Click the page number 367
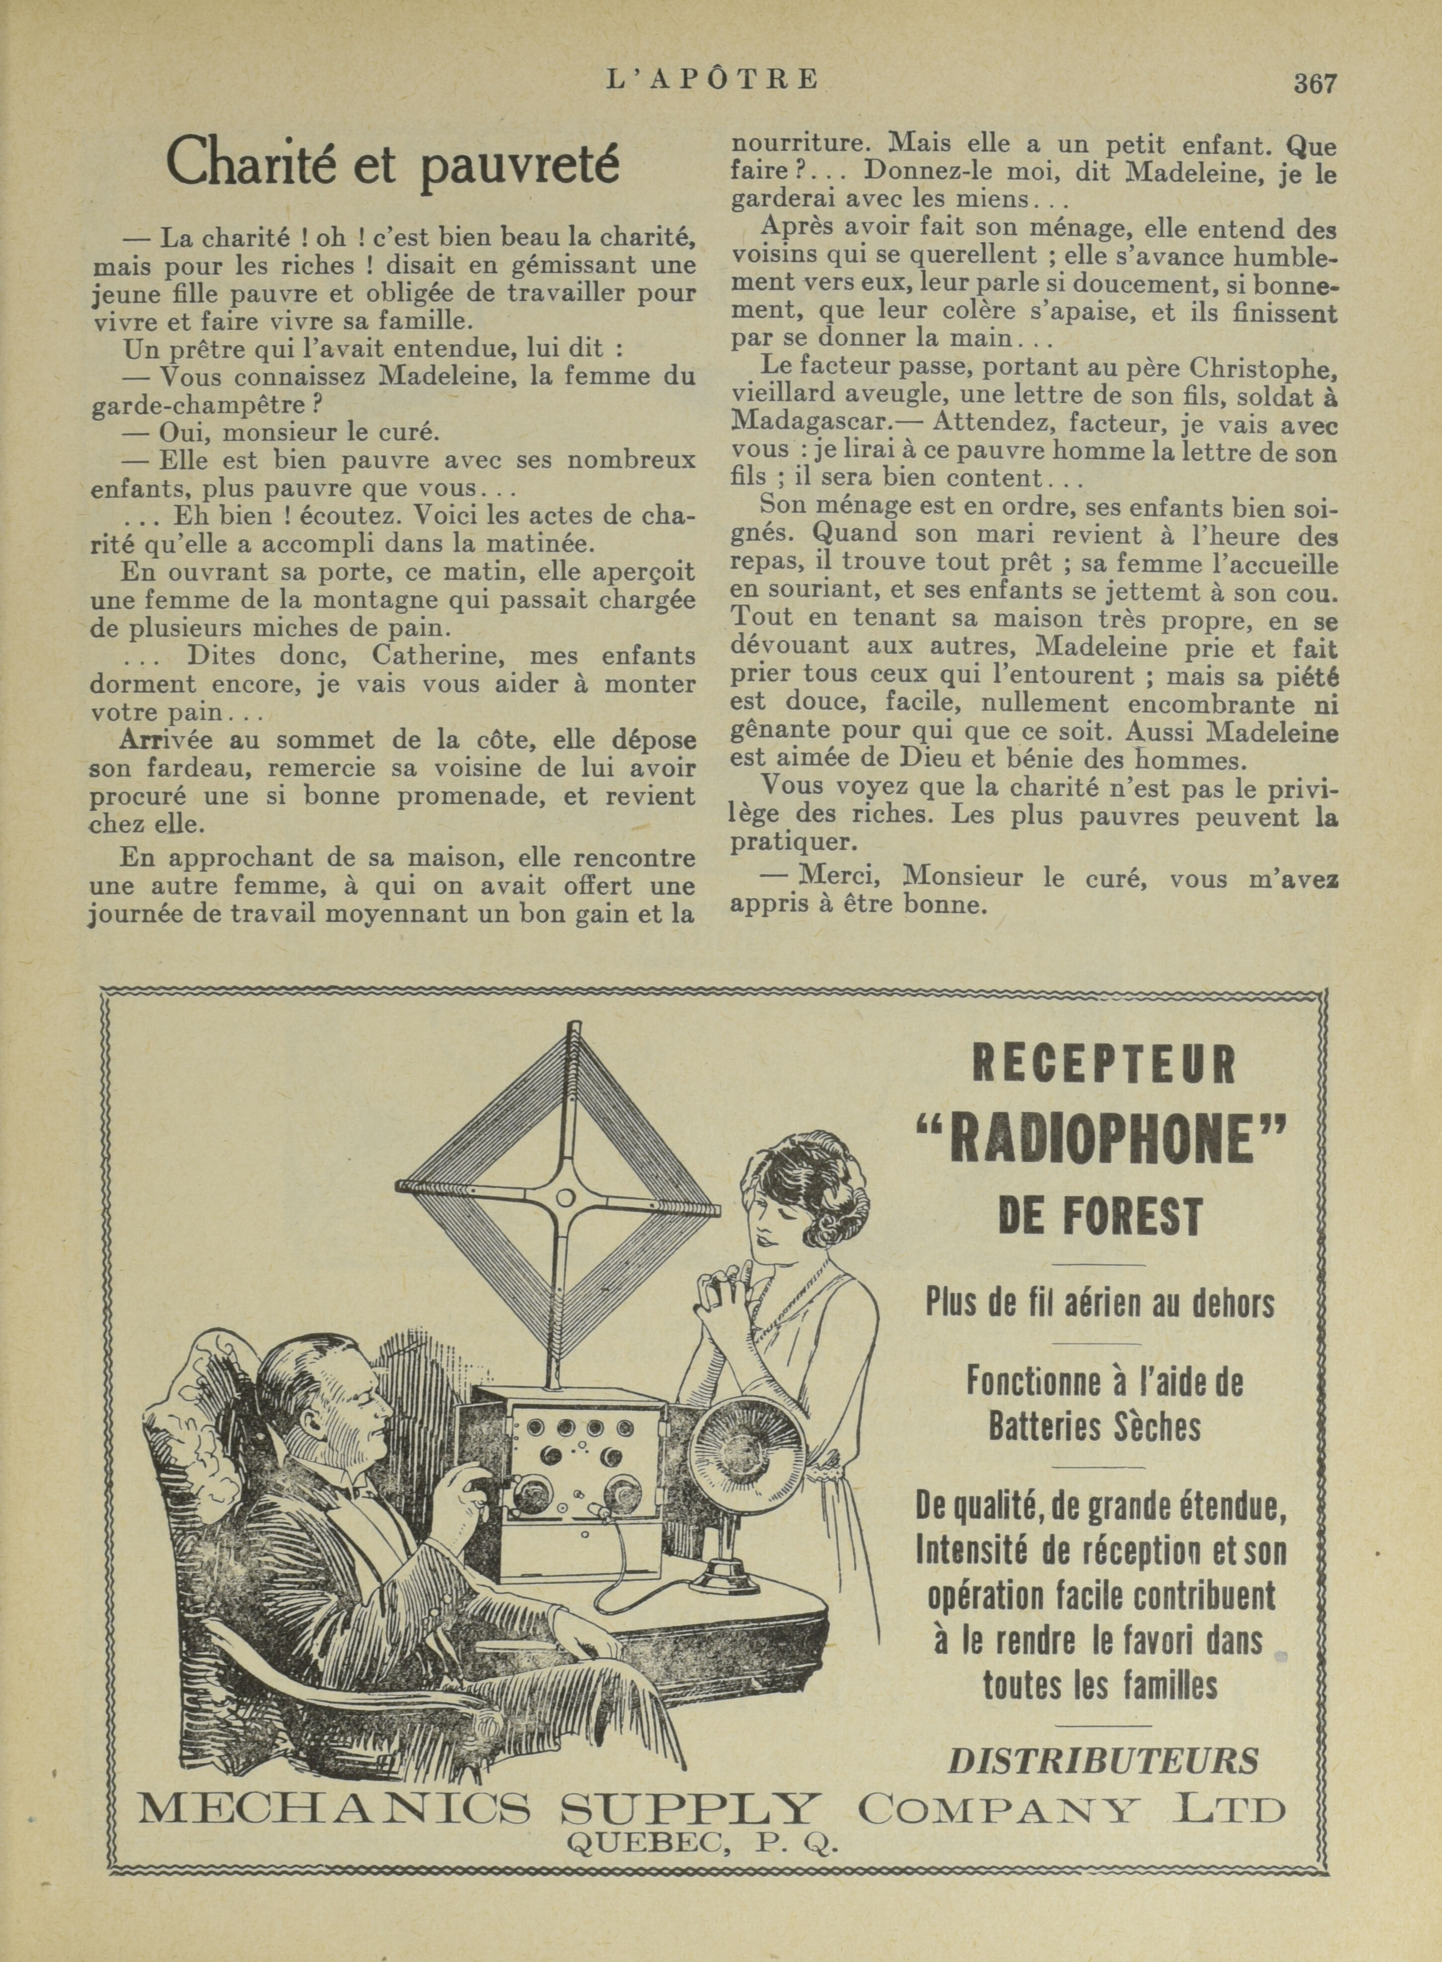(1315, 84)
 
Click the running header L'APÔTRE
(712, 80)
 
